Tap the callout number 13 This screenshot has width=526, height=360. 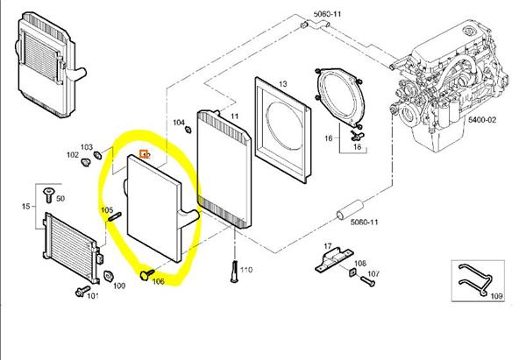tap(282, 84)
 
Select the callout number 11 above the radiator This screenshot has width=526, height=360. tap(234, 115)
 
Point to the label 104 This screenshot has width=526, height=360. tap(179, 123)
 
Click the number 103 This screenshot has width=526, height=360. tap(86, 147)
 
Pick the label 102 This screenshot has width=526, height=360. tap(72, 155)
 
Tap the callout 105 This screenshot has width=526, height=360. tap(106, 210)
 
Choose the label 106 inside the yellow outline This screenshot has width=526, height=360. tap(159, 281)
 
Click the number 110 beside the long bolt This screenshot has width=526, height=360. tap(246, 270)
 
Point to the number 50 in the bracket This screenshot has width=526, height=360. tap(60, 200)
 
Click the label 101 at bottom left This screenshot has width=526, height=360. tap(92, 296)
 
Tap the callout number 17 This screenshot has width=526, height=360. tap(326, 246)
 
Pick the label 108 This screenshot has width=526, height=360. tap(360, 262)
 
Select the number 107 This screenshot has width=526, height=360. tap(374, 275)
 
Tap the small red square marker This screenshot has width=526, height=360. tap(145, 155)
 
